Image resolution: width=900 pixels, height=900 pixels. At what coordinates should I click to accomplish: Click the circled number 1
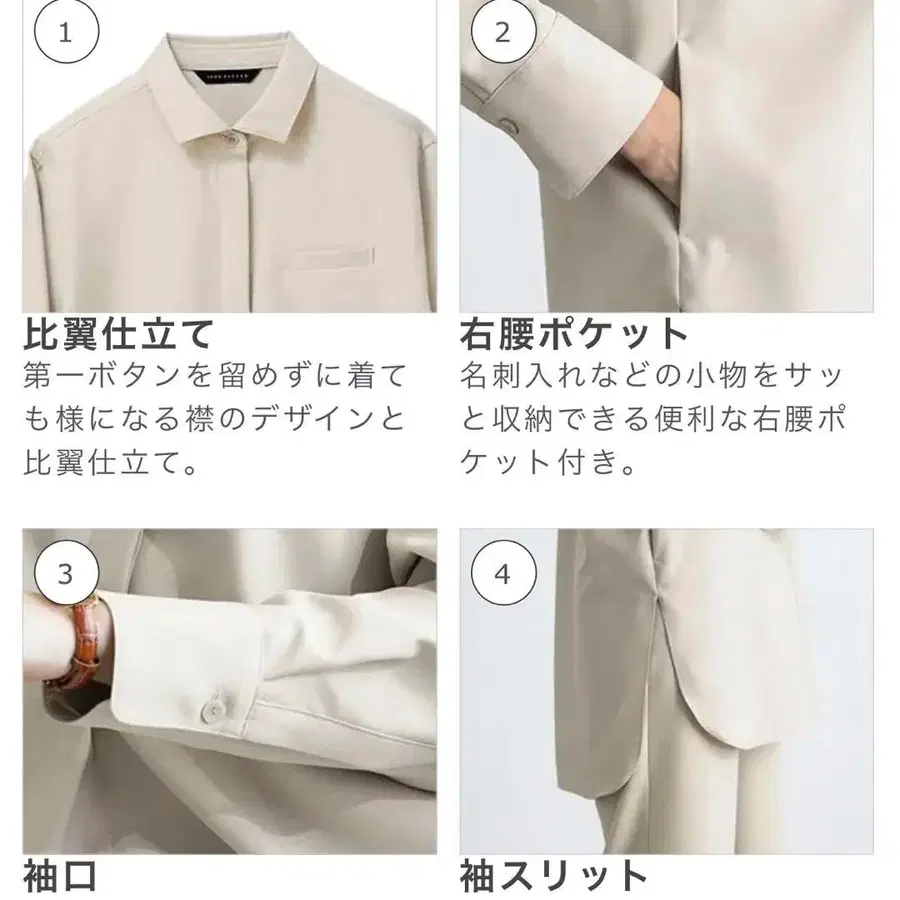tap(66, 32)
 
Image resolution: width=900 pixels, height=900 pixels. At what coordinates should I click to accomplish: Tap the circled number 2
tap(503, 32)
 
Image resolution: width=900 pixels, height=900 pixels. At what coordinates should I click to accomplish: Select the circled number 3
tap(66, 573)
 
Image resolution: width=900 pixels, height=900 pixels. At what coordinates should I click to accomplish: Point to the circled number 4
tap(503, 573)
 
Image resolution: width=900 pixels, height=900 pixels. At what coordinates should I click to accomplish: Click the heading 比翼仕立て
tap(118, 335)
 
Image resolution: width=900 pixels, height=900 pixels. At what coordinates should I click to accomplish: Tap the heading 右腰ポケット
tap(573, 335)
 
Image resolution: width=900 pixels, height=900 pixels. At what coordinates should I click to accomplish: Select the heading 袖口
tap(60, 876)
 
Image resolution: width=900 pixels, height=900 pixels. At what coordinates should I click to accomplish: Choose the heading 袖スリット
tap(554, 876)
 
